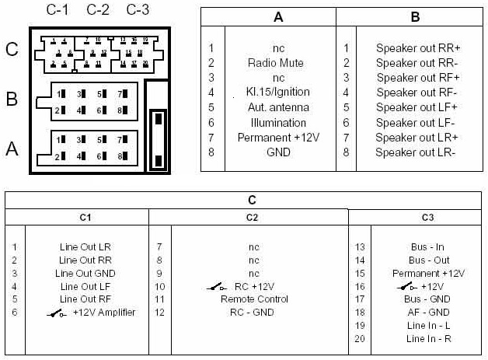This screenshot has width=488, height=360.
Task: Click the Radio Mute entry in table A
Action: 276,63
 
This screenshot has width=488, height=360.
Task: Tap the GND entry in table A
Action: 278,152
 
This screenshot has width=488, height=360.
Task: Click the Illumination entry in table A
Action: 278,123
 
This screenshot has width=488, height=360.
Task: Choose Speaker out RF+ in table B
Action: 418,78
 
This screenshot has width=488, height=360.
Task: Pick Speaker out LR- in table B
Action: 416,152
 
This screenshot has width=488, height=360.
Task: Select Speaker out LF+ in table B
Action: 417,107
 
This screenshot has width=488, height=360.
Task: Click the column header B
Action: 415,17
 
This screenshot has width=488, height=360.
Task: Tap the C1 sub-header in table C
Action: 85,217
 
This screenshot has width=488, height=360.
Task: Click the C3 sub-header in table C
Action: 427,217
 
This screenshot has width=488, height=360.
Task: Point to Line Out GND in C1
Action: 85,273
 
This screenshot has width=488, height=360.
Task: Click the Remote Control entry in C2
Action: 254,299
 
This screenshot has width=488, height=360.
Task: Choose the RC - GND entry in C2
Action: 253,313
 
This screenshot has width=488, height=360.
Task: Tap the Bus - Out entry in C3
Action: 429,260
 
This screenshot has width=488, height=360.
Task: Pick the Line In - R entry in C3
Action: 428,338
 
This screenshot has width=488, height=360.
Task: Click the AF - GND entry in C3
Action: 428,313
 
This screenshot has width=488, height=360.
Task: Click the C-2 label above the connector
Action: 98,10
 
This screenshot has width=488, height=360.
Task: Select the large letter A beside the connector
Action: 12,149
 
